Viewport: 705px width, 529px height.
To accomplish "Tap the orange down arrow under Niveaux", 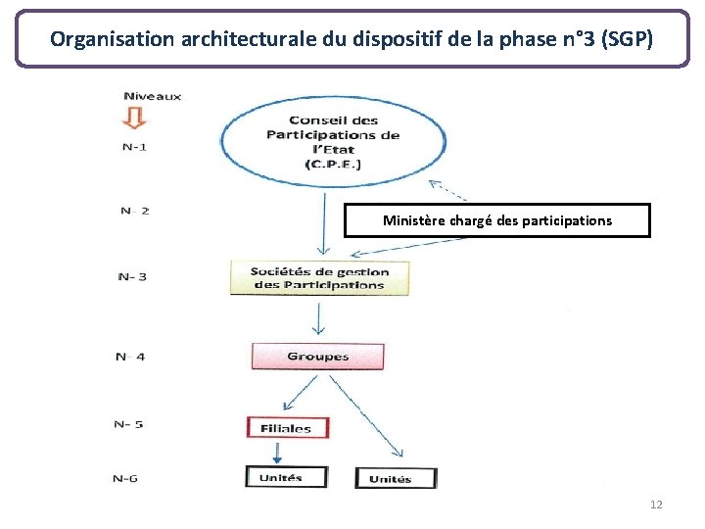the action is tap(135, 118).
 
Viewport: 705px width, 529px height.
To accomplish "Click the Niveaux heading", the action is tap(152, 96).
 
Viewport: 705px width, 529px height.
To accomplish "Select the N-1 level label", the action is tap(136, 147).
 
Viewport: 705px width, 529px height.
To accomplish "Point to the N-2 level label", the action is tap(135, 211).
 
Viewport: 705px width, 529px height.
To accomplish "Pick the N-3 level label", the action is tap(132, 276).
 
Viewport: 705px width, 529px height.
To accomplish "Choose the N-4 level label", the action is tap(130, 357).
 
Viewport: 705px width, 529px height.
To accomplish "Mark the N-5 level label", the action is tap(128, 424).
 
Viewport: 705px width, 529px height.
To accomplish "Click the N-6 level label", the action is tap(125, 478).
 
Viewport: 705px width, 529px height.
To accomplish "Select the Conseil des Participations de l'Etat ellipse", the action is tap(334, 142).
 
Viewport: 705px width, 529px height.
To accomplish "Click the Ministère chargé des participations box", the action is tap(496, 220).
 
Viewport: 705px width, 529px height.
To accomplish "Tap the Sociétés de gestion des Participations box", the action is tap(319, 278).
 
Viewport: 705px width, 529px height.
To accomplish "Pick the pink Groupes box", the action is tap(317, 357).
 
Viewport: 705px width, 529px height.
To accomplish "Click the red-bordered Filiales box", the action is tap(287, 427).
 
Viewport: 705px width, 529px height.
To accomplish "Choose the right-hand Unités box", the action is tap(390, 479).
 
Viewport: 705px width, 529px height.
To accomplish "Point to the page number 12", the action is tap(655, 505).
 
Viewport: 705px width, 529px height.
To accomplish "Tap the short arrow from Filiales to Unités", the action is tap(277, 451).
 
